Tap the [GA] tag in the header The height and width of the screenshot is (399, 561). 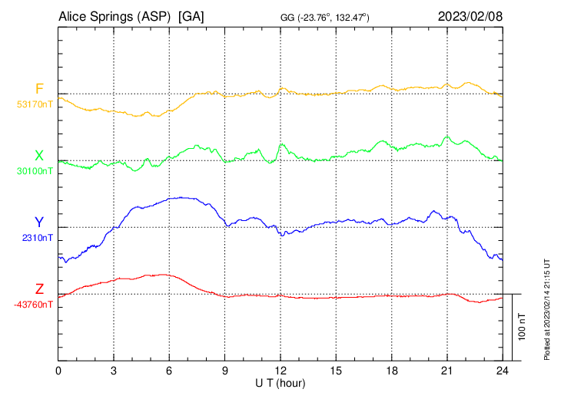point(191,15)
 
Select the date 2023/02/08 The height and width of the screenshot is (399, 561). point(470,15)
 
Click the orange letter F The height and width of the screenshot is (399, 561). point(39,89)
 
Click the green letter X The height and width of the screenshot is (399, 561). point(39,156)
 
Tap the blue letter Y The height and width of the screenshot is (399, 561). point(39,223)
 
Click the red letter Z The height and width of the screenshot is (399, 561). point(39,289)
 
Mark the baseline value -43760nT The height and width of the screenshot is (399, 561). point(34,305)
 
